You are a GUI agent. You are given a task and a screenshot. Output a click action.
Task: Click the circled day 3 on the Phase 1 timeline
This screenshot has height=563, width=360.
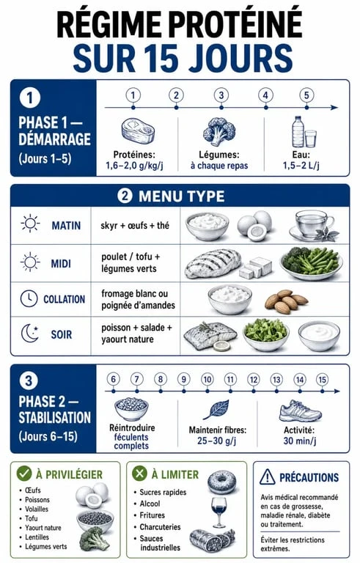[221, 95]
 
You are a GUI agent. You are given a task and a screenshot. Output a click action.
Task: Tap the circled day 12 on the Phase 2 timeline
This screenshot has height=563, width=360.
[254, 380]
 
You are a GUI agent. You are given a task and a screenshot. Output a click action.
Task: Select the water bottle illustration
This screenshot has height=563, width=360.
[298, 131]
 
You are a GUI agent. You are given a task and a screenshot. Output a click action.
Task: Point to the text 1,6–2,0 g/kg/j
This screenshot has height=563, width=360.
[134, 166]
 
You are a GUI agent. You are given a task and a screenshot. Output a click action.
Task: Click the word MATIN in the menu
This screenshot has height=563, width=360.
[66, 226]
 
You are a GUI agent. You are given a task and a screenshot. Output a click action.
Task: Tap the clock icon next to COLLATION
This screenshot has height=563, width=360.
[29, 299]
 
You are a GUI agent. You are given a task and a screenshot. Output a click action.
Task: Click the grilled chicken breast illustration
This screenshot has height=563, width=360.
[213, 264]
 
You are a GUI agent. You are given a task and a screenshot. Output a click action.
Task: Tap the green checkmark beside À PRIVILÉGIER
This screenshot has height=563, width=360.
[24, 474]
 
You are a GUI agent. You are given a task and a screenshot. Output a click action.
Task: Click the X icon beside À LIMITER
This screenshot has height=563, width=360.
[139, 474]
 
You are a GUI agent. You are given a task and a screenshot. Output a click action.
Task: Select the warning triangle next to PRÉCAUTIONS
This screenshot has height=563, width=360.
[268, 476]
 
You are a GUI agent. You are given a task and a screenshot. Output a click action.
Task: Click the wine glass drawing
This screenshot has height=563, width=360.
[218, 512]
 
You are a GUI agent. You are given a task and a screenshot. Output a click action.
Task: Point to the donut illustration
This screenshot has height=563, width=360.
[222, 482]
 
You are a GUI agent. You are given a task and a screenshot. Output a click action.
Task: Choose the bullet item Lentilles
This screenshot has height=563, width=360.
[37, 537]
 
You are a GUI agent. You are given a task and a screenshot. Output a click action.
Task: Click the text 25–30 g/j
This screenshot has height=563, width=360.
[216, 441]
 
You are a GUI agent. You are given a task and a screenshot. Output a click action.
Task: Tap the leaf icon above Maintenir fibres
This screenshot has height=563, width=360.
[216, 409]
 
